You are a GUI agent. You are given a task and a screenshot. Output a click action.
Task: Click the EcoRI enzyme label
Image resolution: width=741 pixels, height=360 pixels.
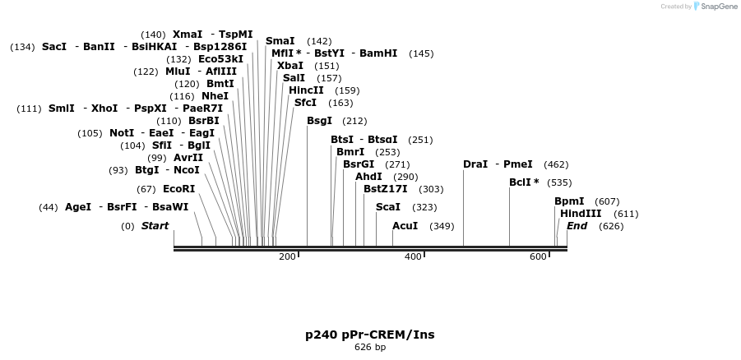[178, 189]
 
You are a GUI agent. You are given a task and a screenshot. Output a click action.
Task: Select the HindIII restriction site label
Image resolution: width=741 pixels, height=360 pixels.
[581, 214]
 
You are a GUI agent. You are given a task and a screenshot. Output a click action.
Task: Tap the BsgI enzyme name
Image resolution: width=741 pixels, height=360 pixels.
[319, 121]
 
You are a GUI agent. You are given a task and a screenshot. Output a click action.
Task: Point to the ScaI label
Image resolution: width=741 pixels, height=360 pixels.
[388, 207]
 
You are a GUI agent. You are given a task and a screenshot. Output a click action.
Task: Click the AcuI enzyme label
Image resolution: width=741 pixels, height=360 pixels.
[405, 226]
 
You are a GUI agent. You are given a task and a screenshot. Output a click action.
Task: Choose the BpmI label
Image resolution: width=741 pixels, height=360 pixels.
[569, 201]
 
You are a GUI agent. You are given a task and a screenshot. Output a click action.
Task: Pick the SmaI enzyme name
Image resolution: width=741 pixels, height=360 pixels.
[280, 41]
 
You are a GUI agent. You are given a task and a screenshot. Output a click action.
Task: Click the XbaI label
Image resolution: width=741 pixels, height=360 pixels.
[289, 66]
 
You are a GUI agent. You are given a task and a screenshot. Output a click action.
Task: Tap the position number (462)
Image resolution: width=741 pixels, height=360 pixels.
[556, 164]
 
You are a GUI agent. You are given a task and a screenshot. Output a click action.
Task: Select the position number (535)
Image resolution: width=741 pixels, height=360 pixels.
[559, 182]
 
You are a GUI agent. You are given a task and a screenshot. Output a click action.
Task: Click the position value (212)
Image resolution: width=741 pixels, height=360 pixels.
[354, 121]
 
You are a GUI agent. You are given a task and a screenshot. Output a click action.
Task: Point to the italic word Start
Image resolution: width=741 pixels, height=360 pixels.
[155, 226]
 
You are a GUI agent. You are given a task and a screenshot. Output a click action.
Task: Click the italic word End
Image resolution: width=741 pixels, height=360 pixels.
[577, 226]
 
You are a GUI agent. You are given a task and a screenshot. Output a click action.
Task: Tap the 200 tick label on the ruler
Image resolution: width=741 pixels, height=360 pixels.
[287, 257]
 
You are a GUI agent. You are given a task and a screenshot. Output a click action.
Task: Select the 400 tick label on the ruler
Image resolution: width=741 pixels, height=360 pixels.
[413, 257]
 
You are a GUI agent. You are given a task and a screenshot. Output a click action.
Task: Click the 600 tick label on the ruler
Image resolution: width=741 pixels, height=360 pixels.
[538, 257]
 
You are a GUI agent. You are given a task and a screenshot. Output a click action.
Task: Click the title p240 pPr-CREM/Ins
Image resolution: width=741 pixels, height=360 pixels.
[369, 335]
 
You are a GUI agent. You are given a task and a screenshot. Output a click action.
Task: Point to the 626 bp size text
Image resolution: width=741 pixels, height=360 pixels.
[369, 348]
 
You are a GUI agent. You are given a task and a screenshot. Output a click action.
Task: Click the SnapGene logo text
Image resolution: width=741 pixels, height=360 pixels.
[716, 7]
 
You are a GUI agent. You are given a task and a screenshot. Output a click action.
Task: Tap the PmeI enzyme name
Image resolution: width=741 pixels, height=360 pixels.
[518, 164]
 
